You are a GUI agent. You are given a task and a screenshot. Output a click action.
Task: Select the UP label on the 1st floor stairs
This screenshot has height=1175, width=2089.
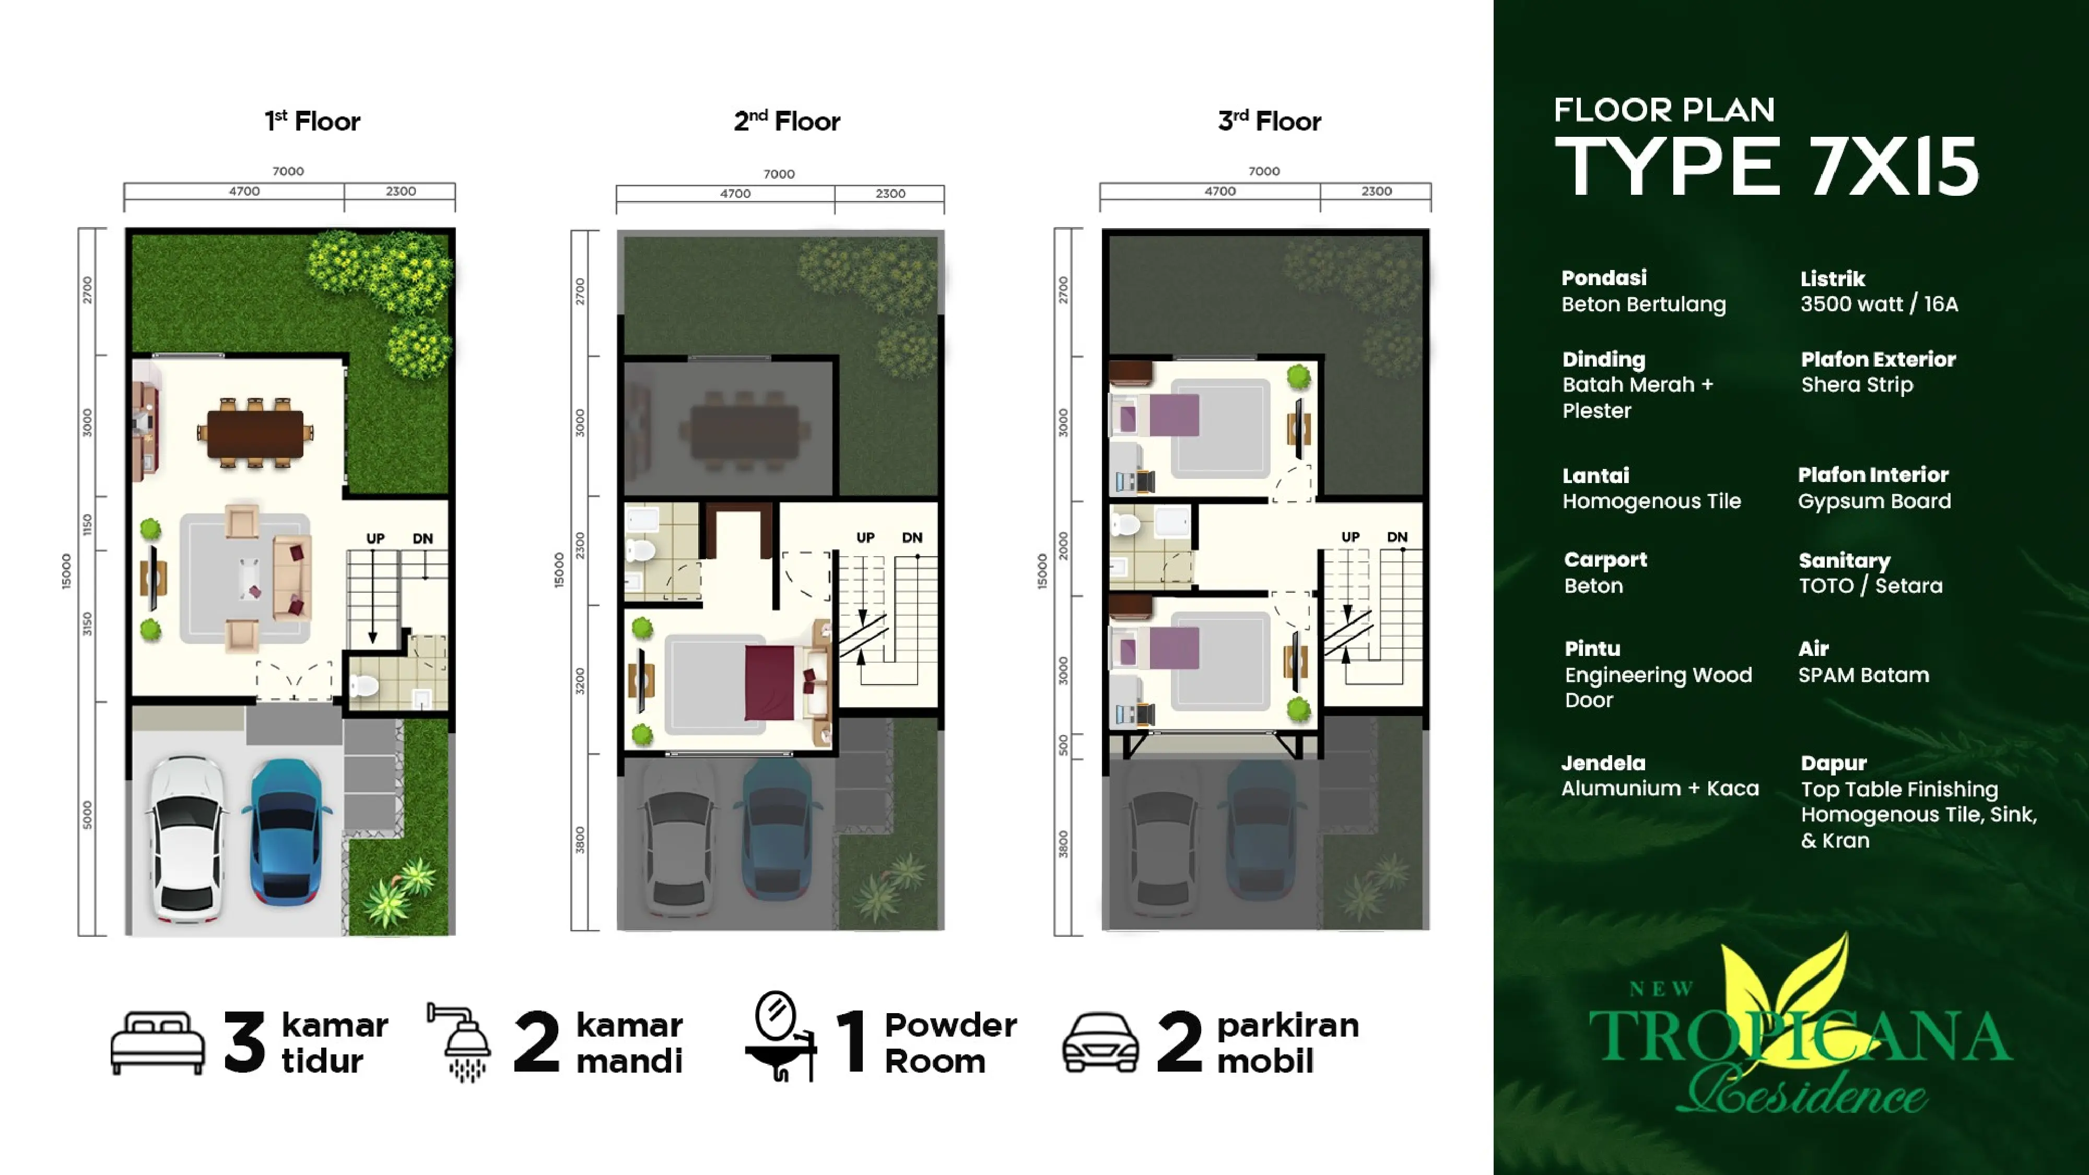pyautogui.click(x=374, y=538)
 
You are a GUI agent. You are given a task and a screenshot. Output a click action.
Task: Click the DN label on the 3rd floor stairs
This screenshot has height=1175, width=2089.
pyautogui.click(x=1396, y=537)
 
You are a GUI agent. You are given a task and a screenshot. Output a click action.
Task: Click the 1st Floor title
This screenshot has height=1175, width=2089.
pyautogui.click(x=312, y=121)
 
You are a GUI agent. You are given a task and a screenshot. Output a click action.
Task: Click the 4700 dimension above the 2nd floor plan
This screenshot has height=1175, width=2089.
pyautogui.click(x=735, y=193)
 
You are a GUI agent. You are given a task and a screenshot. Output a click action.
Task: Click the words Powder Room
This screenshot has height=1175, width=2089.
pyautogui.click(x=949, y=1043)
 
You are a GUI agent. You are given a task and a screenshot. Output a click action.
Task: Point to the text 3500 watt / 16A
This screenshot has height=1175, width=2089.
pyautogui.click(x=1878, y=304)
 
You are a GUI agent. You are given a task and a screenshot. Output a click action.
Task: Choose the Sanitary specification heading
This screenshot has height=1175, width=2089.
pyautogui.click(x=1844, y=560)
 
